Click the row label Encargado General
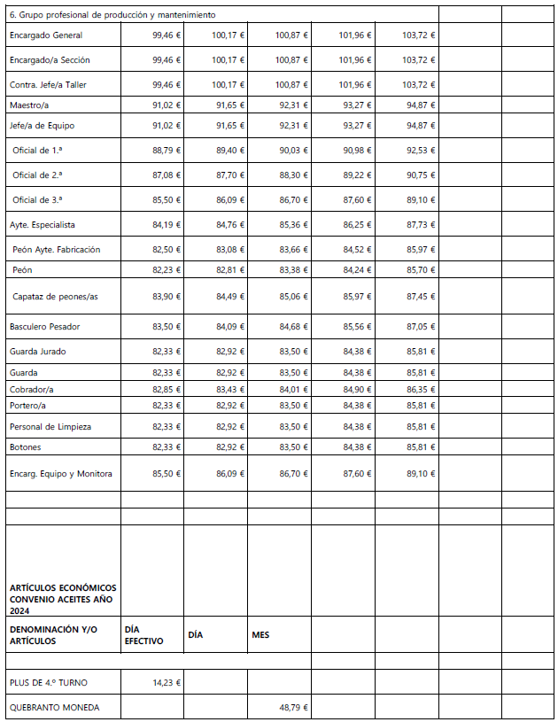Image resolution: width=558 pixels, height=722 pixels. pyautogui.click(x=45, y=35)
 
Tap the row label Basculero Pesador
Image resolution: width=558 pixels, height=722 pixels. pyautogui.click(x=44, y=327)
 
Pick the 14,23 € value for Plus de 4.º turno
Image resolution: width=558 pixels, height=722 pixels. pyautogui.click(x=167, y=682)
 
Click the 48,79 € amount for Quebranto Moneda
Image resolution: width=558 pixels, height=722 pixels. pyautogui.click(x=292, y=707)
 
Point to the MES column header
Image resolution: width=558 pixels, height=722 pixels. pyautogui.click(x=260, y=634)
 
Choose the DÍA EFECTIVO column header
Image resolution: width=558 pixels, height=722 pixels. pyautogui.click(x=143, y=634)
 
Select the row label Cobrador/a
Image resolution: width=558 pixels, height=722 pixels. pyautogui.click(x=32, y=390)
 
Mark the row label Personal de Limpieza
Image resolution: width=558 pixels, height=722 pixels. pyautogui.click(x=50, y=427)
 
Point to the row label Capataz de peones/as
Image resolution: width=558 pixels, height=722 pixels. pyautogui.click(x=55, y=297)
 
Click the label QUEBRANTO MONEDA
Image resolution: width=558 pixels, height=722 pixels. pyautogui.click(x=54, y=707)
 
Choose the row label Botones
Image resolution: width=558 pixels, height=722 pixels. pyautogui.click(x=26, y=447)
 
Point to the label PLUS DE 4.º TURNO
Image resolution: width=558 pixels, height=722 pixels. pyautogui.click(x=49, y=682)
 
